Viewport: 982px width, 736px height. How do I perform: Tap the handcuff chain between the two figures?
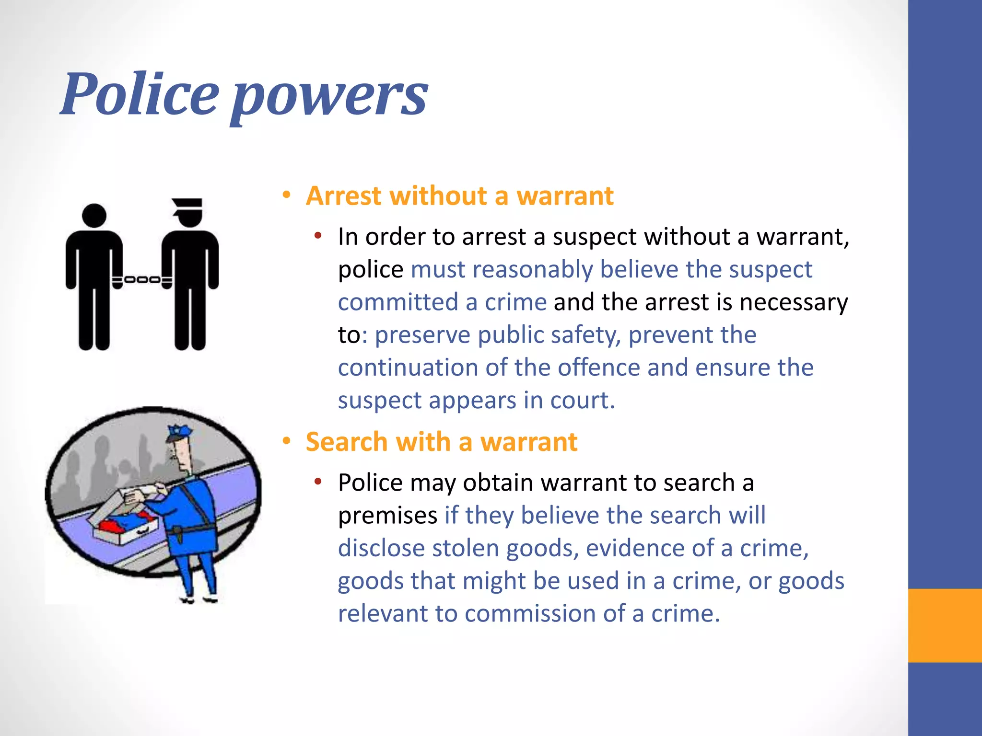click(x=142, y=279)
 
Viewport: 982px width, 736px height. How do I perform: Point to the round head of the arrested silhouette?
click(x=94, y=216)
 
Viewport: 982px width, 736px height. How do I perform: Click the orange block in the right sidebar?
click(x=945, y=625)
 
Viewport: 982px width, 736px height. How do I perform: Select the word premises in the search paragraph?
click(x=387, y=516)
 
